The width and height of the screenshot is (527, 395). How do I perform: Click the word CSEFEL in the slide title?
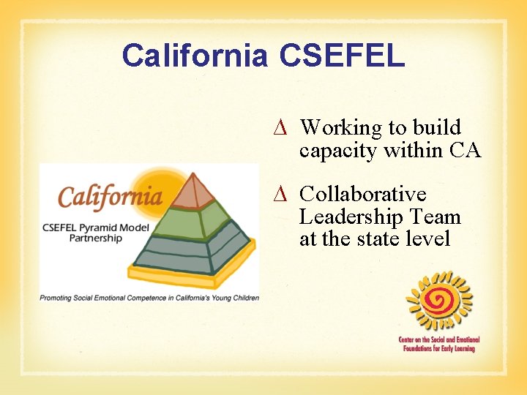[342, 56]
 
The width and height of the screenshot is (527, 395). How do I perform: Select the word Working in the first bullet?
[341, 128]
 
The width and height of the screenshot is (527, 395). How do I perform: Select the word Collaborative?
[362, 195]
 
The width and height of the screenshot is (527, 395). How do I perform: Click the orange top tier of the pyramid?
[193, 190]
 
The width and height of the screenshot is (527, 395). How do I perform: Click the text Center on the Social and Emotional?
[438, 340]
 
